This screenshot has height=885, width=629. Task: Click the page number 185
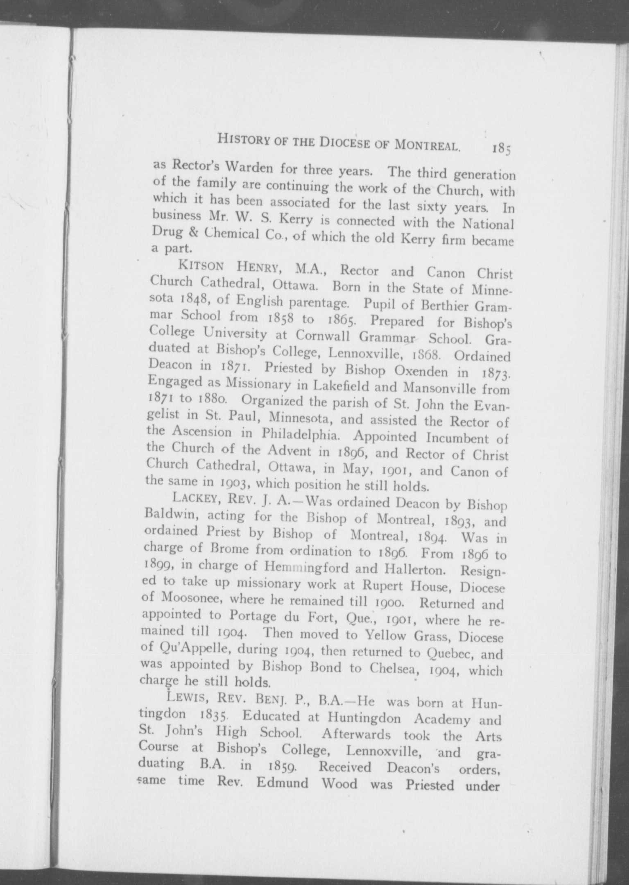pyautogui.click(x=502, y=148)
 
